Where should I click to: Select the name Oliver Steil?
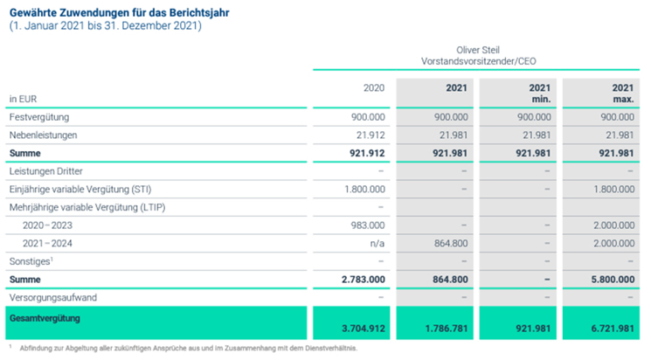pyautogui.click(x=478, y=50)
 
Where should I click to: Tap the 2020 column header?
pyautogui.click(x=374, y=88)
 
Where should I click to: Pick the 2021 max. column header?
pyautogui.click(x=623, y=93)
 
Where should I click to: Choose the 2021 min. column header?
pyautogui.click(x=540, y=93)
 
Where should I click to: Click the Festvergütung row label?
pyautogui.click(x=39, y=117)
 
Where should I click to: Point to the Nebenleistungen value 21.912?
pyautogui.click(x=371, y=135)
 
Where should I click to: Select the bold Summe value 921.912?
pyautogui.click(x=367, y=153)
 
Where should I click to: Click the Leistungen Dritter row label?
pyautogui.click(x=45, y=171)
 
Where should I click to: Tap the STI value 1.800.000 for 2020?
pyautogui.click(x=364, y=190)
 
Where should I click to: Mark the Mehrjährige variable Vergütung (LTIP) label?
pyautogui.click(x=87, y=208)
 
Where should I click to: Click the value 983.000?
pyautogui.click(x=368, y=225)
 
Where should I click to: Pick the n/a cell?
pyautogui.click(x=377, y=243)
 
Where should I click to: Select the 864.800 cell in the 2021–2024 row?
pyautogui.click(x=451, y=243)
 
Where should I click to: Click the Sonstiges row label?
pyautogui.click(x=31, y=261)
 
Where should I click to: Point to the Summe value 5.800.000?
pyautogui.click(x=613, y=280)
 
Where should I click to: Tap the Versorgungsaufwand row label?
pyautogui.click(x=53, y=298)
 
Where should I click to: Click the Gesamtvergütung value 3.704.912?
pyautogui.click(x=364, y=329)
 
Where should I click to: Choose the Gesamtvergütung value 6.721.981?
pyautogui.click(x=613, y=329)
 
